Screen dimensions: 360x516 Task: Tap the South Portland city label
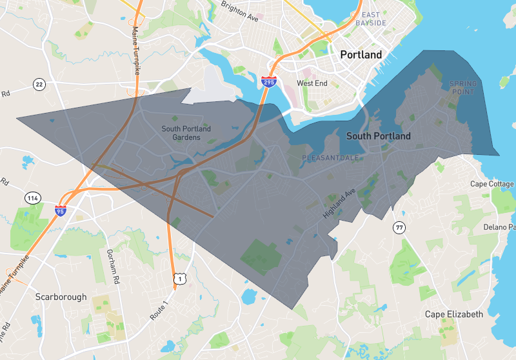tap(378, 136)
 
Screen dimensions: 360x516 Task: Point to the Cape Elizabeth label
tap(453, 314)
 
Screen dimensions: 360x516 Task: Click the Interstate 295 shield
tap(269, 82)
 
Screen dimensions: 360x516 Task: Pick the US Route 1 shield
tap(179, 279)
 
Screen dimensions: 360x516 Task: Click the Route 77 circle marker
tap(399, 228)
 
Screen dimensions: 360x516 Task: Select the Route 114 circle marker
tap(32, 197)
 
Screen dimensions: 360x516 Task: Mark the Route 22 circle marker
tap(40, 85)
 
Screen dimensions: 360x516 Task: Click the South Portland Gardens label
tap(186, 133)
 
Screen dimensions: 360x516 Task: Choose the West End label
tap(312, 83)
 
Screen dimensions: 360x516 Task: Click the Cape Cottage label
tap(492, 184)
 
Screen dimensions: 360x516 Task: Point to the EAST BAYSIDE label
tap(374, 19)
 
